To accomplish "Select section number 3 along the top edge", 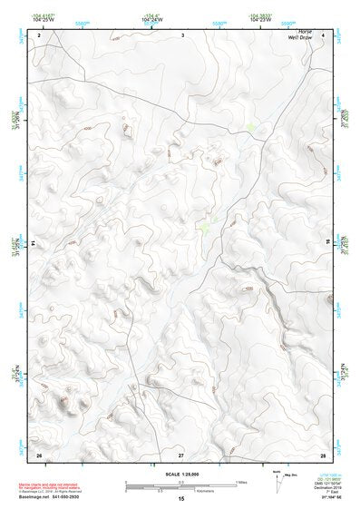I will pos(182,34).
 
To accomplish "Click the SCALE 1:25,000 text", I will pos(180,473).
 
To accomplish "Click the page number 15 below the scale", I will pos(180,499).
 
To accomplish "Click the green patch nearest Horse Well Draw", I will pos(251,129).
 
